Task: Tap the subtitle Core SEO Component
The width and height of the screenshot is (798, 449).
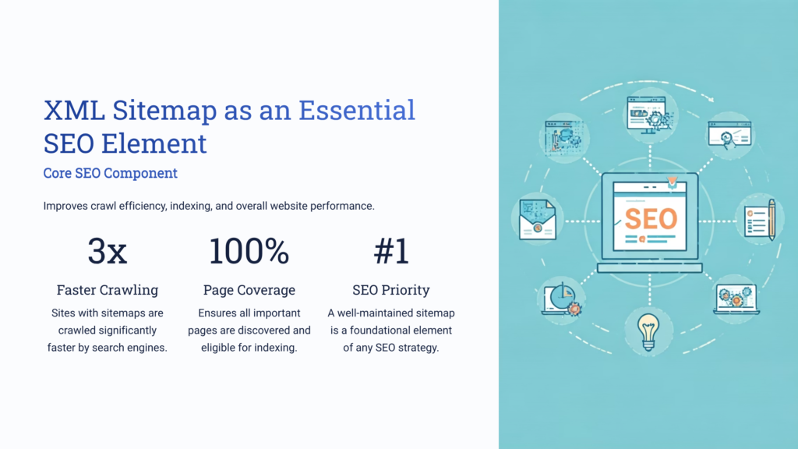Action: click(110, 173)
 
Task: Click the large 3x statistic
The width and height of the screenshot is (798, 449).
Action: click(107, 252)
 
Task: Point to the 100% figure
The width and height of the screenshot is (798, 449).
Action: click(249, 252)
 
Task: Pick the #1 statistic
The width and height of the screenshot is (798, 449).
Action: click(390, 252)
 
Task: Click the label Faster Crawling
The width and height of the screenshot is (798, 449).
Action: click(107, 290)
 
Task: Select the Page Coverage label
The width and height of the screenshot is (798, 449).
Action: click(249, 290)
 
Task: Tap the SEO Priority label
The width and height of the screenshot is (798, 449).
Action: click(390, 290)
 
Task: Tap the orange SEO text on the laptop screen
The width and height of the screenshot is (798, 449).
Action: click(650, 218)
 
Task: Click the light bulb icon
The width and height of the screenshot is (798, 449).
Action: click(648, 331)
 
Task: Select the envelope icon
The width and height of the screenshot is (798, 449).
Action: click(537, 218)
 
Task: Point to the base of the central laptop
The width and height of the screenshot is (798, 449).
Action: click(649, 267)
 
